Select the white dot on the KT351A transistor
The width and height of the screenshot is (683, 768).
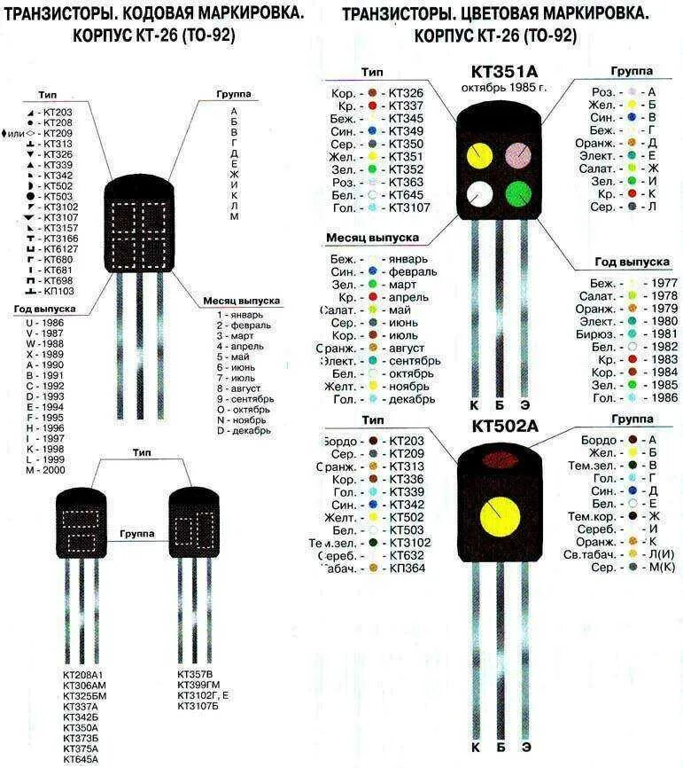coord(479,193)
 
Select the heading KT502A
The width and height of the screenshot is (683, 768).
coord(505,427)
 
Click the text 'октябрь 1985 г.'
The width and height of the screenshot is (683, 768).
coord(504,89)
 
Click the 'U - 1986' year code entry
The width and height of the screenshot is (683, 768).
coord(44,322)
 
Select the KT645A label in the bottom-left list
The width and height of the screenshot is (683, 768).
coord(81,759)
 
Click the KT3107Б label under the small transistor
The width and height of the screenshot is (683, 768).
coord(198,706)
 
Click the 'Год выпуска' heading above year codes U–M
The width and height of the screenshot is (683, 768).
coord(44,309)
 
